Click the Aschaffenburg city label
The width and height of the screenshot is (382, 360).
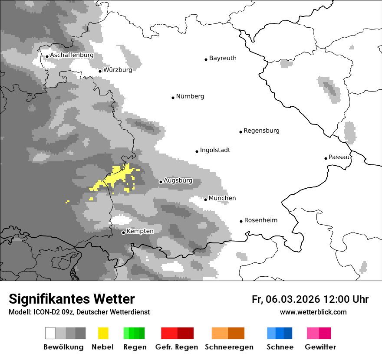point(72,56)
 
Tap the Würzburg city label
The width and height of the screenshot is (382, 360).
point(118,70)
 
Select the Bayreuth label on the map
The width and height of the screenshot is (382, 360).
point(223,58)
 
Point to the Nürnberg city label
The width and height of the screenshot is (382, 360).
point(190,96)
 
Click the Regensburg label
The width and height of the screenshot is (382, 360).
point(261,131)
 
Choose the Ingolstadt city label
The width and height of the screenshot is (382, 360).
point(215,150)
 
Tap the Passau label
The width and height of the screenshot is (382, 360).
point(339,157)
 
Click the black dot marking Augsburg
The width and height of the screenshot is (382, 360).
point(161,182)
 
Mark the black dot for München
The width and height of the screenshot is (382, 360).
point(206,200)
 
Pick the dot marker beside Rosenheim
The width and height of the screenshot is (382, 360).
point(241,221)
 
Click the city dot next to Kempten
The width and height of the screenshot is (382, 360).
point(123,232)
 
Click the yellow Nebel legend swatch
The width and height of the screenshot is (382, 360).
point(103,333)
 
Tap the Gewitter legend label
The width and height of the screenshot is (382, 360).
point(320,347)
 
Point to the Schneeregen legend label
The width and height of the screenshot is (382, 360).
point(229,347)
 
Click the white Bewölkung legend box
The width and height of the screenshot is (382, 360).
point(50,333)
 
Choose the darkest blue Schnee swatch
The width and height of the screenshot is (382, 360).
point(288,333)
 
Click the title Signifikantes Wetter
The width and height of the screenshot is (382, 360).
point(72,299)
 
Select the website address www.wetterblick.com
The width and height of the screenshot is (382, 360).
point(313,312)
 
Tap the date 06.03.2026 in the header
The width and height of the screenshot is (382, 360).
point(293,299)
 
